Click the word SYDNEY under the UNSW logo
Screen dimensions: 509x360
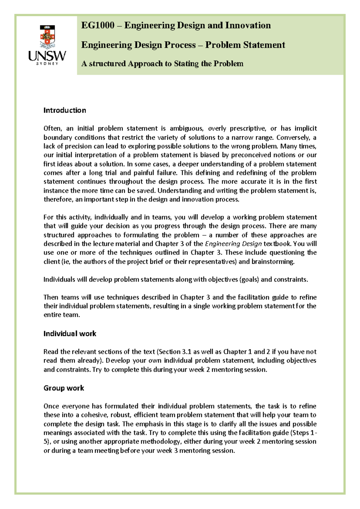click(x=47, y=64)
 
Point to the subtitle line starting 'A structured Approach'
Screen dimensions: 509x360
click(x=162, y=64)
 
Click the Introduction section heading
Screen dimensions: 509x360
click(x=64, y=110)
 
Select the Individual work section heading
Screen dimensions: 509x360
click(x=70, y=334)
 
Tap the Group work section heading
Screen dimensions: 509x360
click(x=64, y=388)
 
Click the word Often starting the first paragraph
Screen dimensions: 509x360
click(x=52, y=128)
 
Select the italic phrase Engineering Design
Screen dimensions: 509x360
click(x=233, y=244)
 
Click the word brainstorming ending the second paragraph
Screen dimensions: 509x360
click(x=273, y=261)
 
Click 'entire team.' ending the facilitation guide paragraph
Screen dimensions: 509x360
click(x=61, y=315)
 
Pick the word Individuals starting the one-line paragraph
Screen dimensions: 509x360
click(x=59, y=279)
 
